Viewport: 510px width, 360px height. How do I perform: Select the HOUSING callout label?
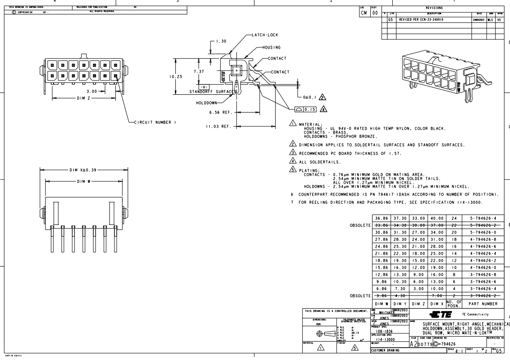point(271,47)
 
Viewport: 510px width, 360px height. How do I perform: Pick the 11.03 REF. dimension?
point(218,125)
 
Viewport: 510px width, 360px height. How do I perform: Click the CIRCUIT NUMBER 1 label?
point(153,122)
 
